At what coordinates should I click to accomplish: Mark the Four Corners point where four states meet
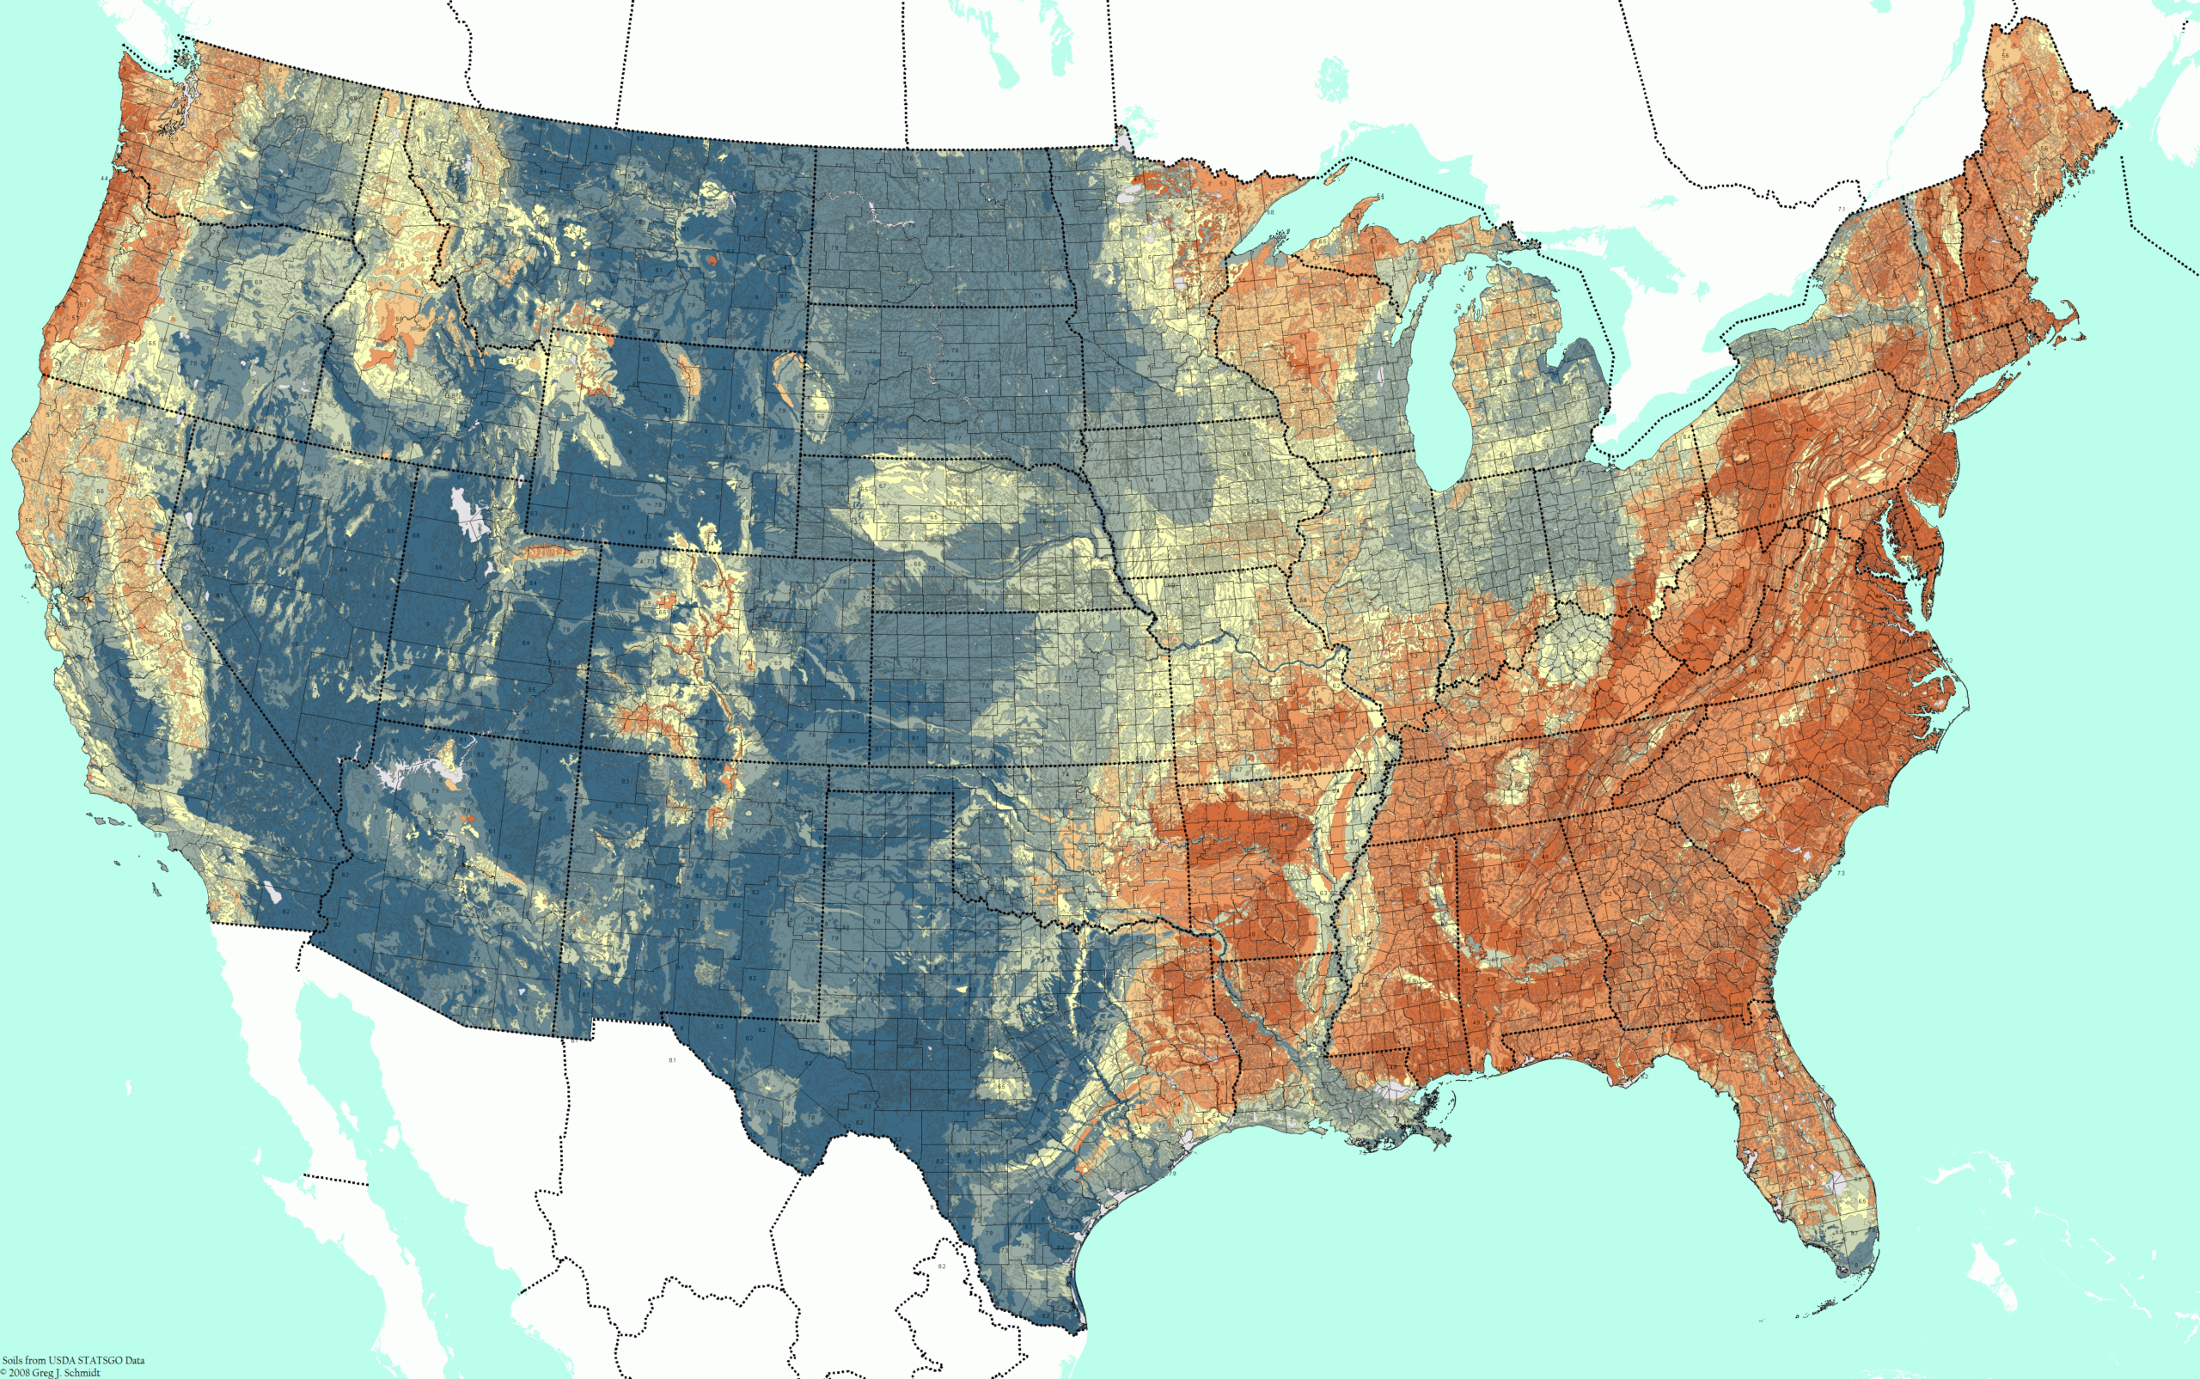coord(580,748)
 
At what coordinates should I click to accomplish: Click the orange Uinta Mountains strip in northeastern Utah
coord(547,551)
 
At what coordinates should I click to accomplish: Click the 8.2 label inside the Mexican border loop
coord(942,1266)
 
